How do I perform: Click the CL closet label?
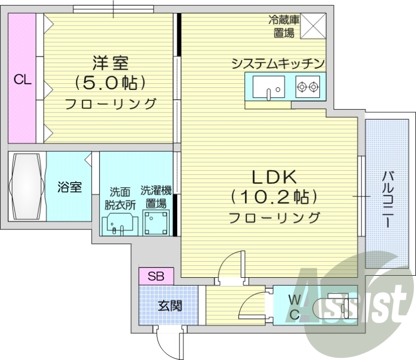pyautogui.click(x=22, y=80)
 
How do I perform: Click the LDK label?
pyautogui.click(x=274, y=178)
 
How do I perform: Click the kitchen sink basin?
pyautogui.click(x=269, y=86)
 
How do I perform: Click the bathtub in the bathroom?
pyautogui.click(x=28, y=186)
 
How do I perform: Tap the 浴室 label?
pyautogui.click(x=69, y=187)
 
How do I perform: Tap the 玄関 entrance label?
pyautogui.click(x=169, y=305)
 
